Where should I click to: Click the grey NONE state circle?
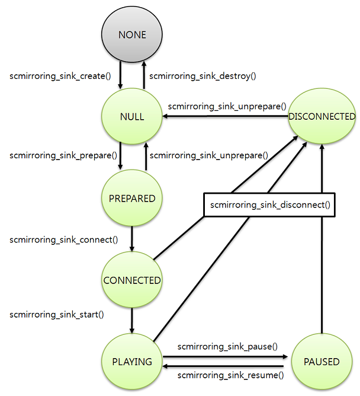132,35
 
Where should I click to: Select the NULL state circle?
132,117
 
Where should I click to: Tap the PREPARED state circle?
132,199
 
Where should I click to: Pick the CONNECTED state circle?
132,280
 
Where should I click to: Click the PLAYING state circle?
132,362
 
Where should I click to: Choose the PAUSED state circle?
322,362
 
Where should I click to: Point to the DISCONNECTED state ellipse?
322,117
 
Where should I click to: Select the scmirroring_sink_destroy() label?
202,76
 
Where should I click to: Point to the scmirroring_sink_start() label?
57,315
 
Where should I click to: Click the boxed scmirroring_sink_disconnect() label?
269,205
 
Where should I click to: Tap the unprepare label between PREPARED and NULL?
209,155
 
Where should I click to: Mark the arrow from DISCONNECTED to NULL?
225,117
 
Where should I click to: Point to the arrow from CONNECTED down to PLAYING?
132,321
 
